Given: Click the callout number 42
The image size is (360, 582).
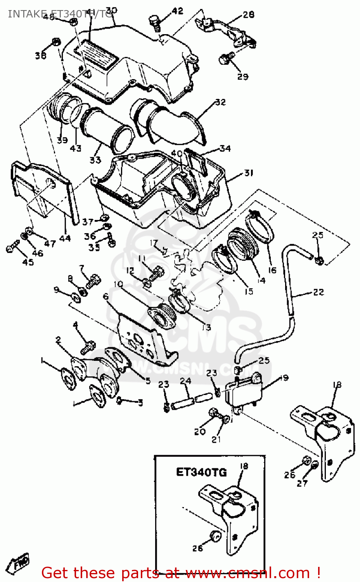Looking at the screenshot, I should pyautogui.click(x=177, y=11).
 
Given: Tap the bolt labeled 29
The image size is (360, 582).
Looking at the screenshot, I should pyautogui.click(x=225, y=59).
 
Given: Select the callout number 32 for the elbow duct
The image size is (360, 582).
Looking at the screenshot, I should pyautogui.click(x=220, y=102).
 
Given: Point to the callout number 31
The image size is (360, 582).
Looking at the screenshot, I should pyautogui.click(x=249, y=173).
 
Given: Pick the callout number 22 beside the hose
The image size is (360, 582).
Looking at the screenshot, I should pyautogui.click(x=318, y=292).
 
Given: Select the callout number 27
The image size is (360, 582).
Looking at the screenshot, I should pyautogui.click(x=302, y=483).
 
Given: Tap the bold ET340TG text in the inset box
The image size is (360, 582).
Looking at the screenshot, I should pyautogui.click(x=201, y=472).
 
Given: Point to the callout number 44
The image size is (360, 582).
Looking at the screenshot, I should pyautogui.click(x=65, y=238).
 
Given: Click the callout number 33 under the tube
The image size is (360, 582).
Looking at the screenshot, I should pyautogui.click(x=95, y=159).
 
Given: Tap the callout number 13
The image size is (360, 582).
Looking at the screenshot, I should pyautogui.click(x=206, y=327).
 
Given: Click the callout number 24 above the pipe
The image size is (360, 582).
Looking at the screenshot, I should pyautogui.click(x=185, y=381).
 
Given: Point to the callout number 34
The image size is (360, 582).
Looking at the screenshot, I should pyautogui.click(x=225, y=148).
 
